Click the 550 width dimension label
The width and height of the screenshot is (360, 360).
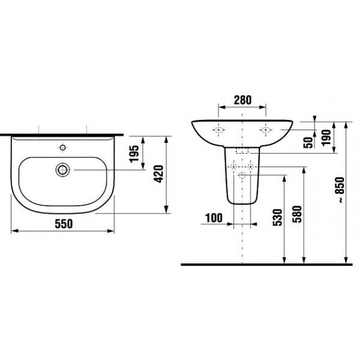[64, 224]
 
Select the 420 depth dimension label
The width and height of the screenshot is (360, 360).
[158, 174]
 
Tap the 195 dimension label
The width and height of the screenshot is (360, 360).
[134, 154]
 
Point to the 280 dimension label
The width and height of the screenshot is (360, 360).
[242, 100]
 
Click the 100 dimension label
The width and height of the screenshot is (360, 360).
[214, 218]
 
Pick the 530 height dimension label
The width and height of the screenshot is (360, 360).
[277, 217]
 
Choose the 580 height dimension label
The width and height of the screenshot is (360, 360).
[297, 214]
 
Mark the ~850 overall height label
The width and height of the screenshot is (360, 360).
[341, 190]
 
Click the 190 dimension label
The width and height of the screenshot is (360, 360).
[326, 137]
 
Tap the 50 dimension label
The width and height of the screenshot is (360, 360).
[308, 143]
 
